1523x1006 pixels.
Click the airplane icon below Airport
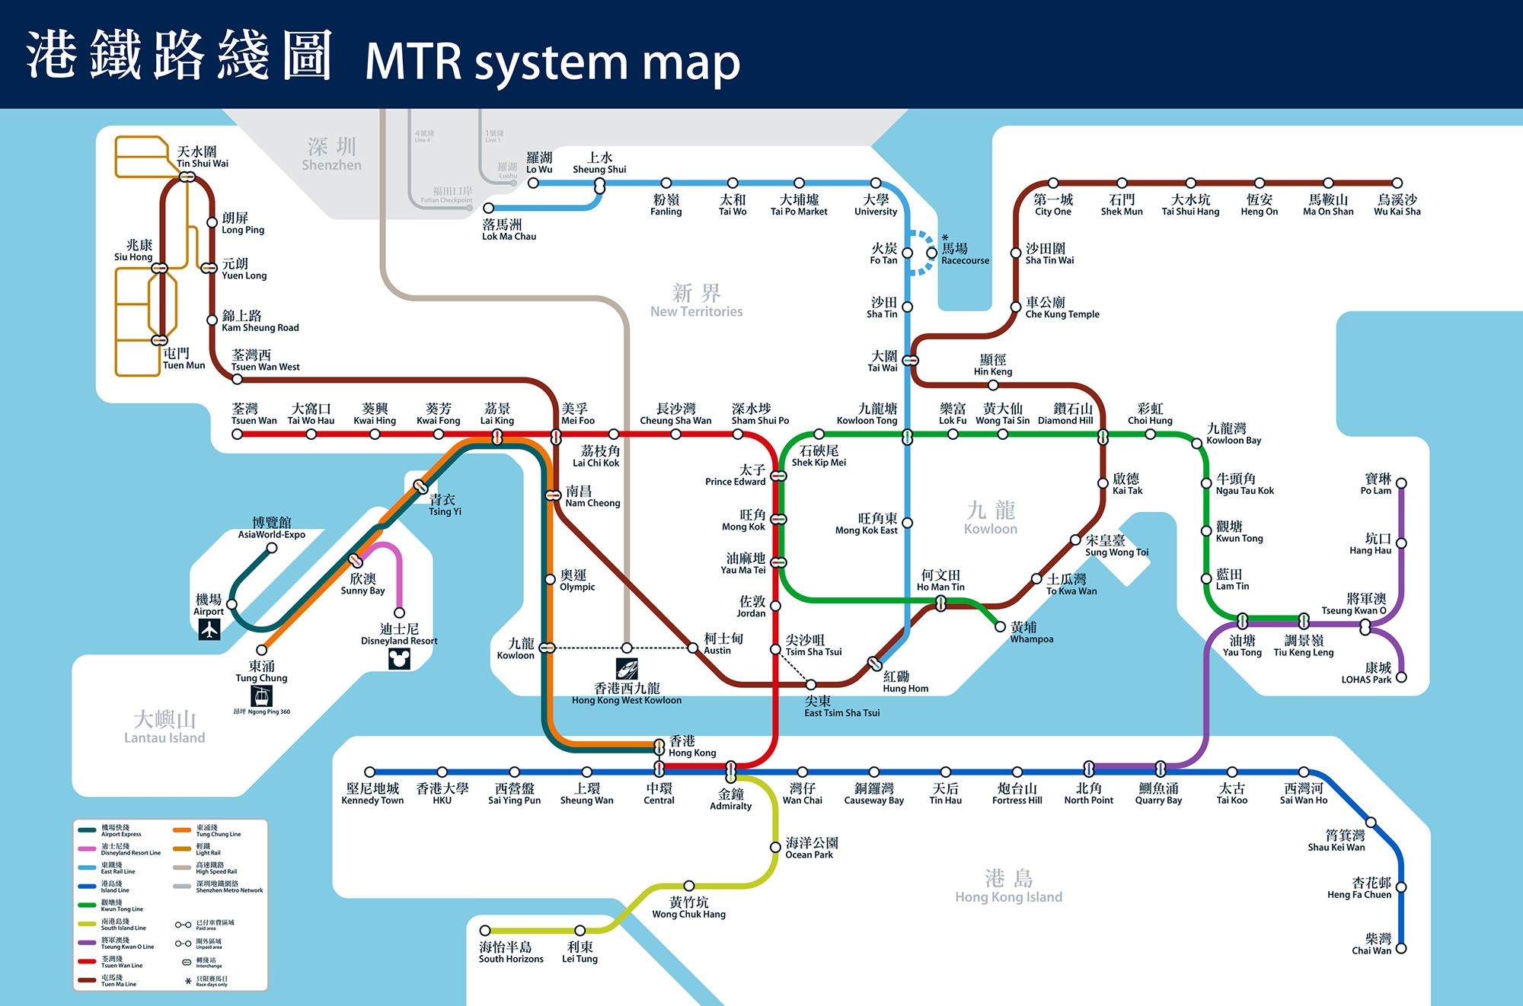click(x=209, y=629)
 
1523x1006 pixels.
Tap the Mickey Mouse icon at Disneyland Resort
click(x=399, y=658)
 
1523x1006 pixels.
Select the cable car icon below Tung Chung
click(x=261, y=696)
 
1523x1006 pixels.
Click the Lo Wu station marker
click(x=533, y=183)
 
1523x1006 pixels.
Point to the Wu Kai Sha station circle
click(x=1397, y=183)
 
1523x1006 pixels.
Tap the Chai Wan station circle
click(x=1401, y=948)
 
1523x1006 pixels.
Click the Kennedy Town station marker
click(x=370, y=772)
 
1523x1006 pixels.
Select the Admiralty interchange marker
click(x=730, y=772)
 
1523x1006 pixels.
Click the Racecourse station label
click(x=965, y=254)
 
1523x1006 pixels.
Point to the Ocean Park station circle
click(x=775, y=847)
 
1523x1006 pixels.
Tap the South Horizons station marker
click(x=485, y=931)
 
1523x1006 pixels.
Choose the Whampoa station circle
click(x=1001, y=626)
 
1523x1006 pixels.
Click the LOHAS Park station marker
click(x=1401, y=677)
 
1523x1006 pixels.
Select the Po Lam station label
click(x=1377, y=484)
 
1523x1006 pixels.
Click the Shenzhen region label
click(x=331, y=154)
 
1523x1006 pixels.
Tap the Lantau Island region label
click(x=164, y=727)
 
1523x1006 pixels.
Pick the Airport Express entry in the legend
click(x=121, y=830)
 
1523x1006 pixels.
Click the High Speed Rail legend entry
click(x=216, y=868)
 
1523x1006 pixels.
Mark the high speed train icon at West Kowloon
click(x=627, y=669)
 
